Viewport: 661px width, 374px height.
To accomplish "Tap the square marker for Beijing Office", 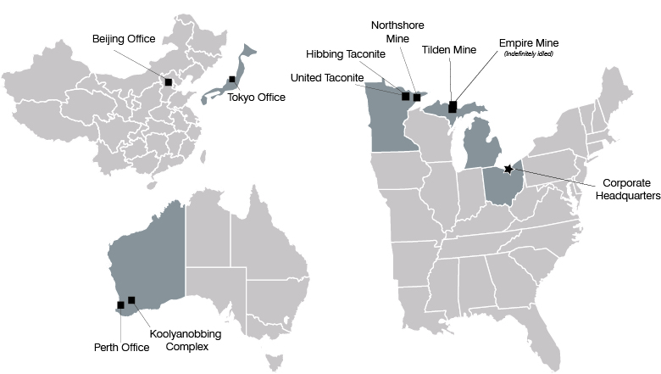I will (169, 81).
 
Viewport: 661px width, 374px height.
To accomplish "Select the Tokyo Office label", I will (257, 98).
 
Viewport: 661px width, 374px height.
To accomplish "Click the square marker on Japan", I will (231, 80).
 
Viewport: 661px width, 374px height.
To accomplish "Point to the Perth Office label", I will (122, 346).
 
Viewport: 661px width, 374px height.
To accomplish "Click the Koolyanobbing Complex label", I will (186, 340).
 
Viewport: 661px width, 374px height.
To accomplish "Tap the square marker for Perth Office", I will (120, 305).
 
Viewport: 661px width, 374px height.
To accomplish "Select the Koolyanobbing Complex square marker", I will (131, 299).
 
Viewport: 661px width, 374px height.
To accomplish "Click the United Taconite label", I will (327, 78).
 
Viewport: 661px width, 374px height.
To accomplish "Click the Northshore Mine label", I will (397, 31).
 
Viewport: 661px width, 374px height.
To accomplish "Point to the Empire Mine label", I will (529, 42).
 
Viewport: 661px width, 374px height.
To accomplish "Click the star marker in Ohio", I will (508, 169).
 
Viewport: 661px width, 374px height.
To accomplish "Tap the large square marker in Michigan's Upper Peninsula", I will (453, 106).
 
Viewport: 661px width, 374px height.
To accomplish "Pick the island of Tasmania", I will (273, 362).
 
